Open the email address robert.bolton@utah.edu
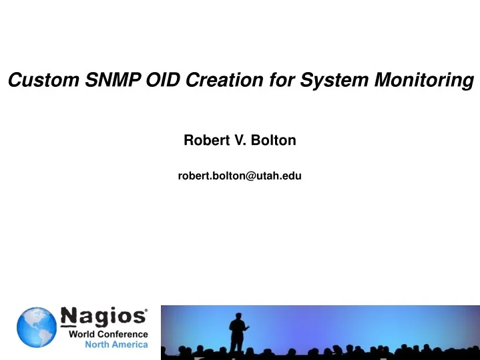[240, 176]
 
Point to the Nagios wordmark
[103, 317]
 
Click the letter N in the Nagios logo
[69, 317]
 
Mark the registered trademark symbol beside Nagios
[146, 311]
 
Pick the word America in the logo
[130, 345]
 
